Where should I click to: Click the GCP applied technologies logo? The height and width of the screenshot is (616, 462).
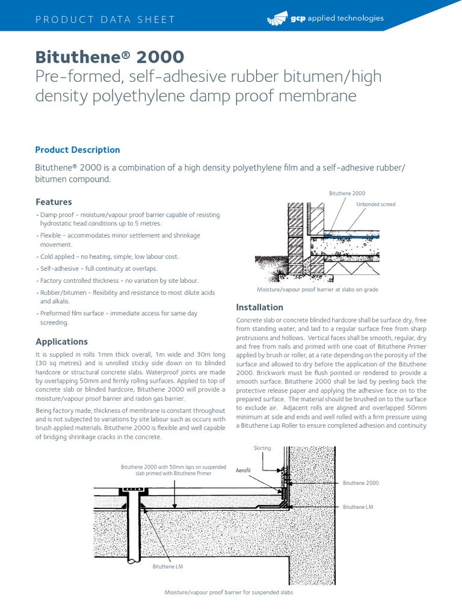[x=324, y=19]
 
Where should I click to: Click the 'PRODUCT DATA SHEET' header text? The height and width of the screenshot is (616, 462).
[x=105, y=19]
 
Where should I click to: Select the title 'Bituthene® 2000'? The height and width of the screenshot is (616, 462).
[x=109, y=57]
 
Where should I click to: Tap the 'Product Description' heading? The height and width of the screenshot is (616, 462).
[x=78, y=150]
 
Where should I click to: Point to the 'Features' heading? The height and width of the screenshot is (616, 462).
[x=54, y=202]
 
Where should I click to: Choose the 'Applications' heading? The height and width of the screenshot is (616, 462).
[x=61, y=342]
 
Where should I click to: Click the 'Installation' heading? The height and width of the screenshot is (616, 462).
[x=259, y=307]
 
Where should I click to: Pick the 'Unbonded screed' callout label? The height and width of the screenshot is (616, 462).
[x=376, y=205]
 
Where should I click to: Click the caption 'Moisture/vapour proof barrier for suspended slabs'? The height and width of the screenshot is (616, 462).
[x=229, y=593]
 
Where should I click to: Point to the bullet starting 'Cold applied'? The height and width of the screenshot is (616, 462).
[x=108, y=256]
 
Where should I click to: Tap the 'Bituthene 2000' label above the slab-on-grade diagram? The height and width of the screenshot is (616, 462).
[x=347, y=193]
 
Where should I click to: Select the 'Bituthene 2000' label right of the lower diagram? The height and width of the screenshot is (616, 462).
[x=361, y=483]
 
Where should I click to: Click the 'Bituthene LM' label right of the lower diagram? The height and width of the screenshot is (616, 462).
[x=358, y=507]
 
